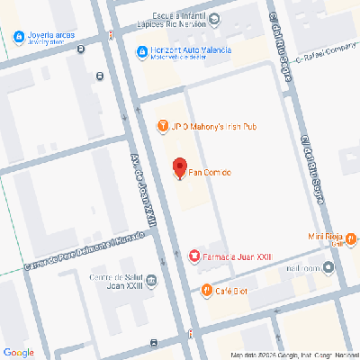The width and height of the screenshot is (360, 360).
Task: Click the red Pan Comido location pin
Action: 179,168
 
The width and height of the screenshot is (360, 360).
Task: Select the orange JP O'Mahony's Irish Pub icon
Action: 163,126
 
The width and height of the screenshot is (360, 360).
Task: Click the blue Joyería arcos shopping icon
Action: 19,37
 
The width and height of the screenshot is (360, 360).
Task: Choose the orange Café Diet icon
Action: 207,290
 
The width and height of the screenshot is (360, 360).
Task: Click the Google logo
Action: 19,351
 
